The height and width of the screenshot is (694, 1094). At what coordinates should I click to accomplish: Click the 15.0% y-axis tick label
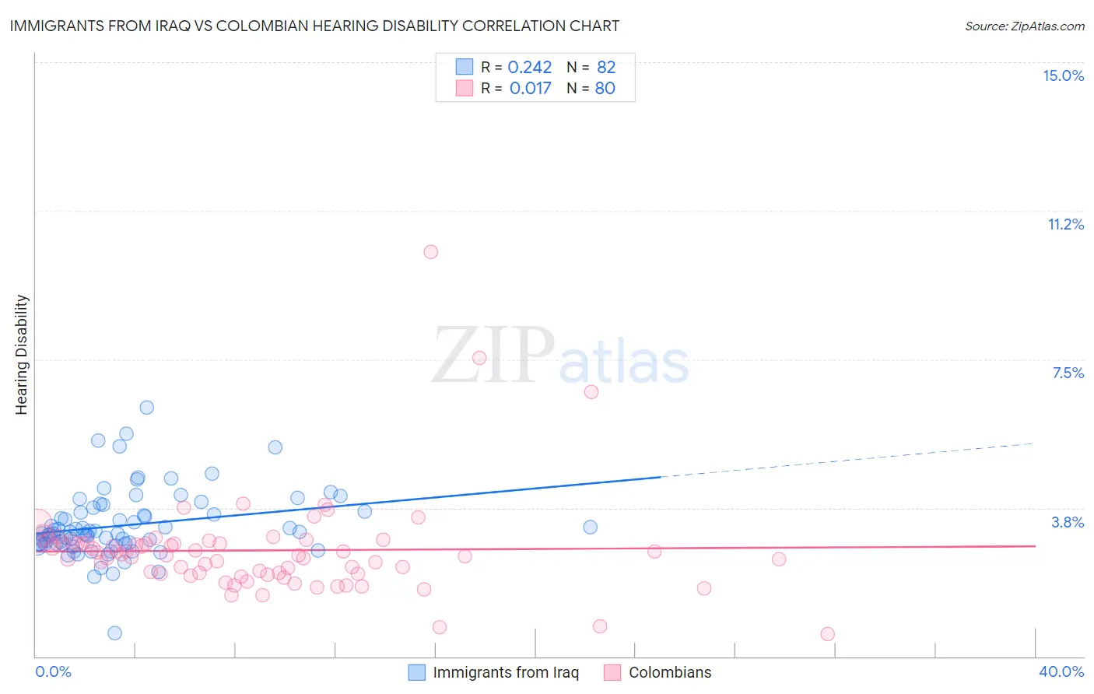(x=1063, y=75)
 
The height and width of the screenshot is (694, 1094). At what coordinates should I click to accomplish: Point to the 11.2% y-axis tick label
(x=1065, y=224)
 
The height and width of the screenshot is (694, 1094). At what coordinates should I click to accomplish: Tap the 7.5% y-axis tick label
(x=1068, y=373)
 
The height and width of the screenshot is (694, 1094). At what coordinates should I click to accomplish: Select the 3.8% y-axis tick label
(x=1068, y=522)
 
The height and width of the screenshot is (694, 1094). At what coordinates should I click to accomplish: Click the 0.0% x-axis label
(x=53, y=671)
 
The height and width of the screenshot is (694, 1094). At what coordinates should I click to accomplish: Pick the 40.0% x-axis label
(x=1061, y=671)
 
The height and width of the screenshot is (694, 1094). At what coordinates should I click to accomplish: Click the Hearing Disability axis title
(x=22, y=354)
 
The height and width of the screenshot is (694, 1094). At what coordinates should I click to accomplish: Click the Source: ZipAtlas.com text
(x=1024, y=26)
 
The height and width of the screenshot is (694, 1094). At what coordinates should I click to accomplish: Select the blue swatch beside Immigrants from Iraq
(x=417, y=672)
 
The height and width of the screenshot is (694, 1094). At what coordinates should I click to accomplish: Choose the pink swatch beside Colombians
(x=612, y=672)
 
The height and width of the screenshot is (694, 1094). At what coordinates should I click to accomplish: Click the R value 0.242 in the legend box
(x=529, y=68)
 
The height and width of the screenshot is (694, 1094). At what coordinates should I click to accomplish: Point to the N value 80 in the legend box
(x=605, y=89)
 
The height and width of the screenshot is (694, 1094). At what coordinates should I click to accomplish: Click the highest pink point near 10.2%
(x=430, y=251)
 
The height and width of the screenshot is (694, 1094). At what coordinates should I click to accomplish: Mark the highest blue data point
(x=146, y=407)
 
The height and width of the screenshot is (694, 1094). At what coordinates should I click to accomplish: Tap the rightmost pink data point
(x=827, y=634)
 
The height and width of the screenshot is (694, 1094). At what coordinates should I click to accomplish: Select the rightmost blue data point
(x=590, y=527)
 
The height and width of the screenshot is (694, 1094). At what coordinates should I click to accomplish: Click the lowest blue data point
(x=114, y=633)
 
